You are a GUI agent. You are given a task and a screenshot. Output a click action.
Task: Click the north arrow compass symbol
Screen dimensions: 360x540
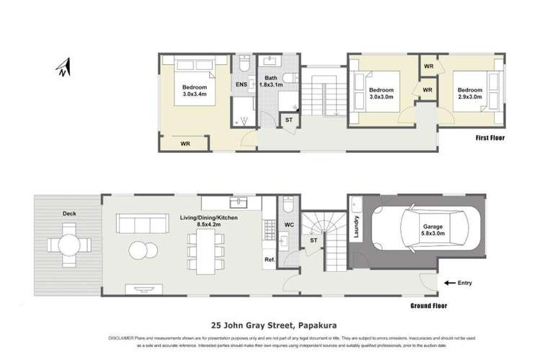click(x=63, y=68)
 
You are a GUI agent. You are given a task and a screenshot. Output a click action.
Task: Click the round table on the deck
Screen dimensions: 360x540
click(x=70, y=243)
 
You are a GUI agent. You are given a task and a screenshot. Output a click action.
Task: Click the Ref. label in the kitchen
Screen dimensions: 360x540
click(x=270, y=260)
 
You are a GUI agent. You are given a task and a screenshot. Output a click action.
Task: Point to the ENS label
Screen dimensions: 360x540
click(x=241, y=85)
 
